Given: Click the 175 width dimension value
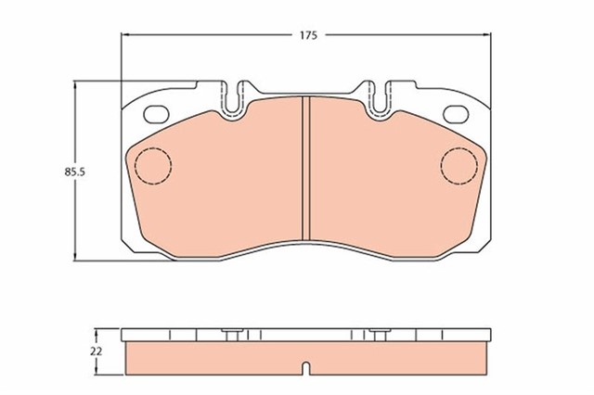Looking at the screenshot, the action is [308, 35].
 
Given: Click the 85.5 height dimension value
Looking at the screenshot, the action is [74, 172].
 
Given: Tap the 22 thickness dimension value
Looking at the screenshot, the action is [97, 351].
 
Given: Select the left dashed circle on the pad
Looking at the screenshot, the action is [153, 166].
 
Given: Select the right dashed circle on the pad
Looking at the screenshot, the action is [458, 166].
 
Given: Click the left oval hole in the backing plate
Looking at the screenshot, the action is [156, 114].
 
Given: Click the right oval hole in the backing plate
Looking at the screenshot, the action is [456, 114].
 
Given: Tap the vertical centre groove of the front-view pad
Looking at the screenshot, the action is [306, 168].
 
